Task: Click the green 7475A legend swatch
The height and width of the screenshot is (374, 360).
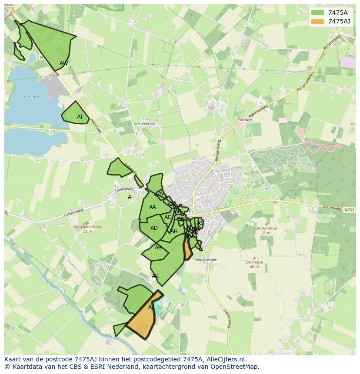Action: pos(318,13)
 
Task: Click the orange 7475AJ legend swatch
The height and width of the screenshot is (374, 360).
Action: pos(318,21)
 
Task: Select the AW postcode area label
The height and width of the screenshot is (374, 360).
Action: pos(64,63)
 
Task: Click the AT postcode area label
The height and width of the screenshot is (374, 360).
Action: pos(80,117)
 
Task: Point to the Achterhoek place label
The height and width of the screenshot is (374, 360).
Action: pos(144,124)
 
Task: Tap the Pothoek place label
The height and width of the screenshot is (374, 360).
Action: pos(245,119)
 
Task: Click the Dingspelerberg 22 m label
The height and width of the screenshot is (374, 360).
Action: pos(87,229)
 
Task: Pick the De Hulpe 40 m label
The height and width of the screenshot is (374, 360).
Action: pos(254,264)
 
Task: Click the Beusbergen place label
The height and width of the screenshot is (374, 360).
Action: pos(206,259)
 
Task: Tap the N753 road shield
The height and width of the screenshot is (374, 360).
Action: pos(349,210)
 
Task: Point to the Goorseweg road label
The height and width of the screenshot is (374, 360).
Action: pos(332,208)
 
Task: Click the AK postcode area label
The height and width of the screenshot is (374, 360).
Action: pos(155,276)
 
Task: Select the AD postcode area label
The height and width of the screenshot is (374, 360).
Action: pos(154,228)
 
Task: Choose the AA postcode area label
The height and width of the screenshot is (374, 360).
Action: pos(152,207)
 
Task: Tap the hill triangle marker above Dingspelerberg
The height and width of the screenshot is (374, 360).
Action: pos(87,222)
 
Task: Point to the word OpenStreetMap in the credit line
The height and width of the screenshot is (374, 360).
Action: pos(235,367)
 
